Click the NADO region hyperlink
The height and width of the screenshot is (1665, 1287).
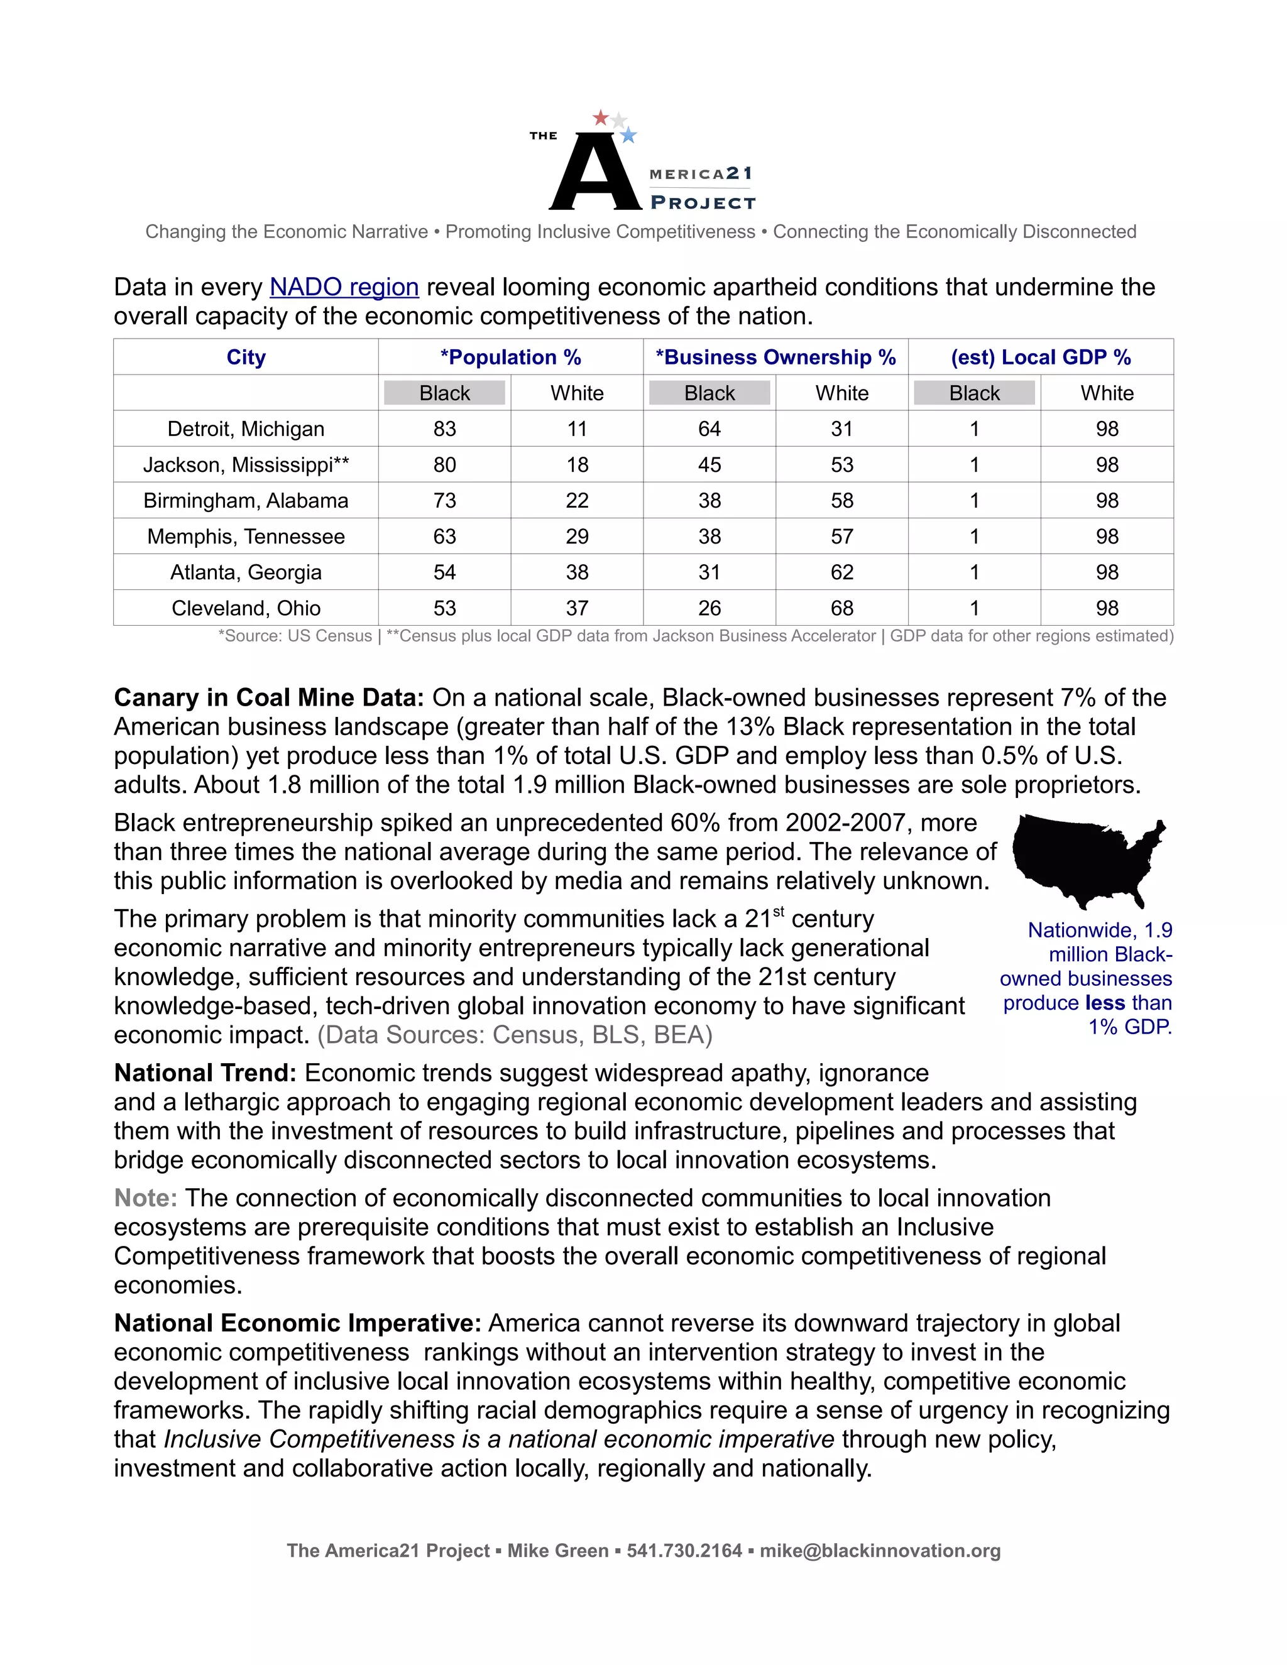tap(344, 287)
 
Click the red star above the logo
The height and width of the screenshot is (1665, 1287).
tap(601, 118)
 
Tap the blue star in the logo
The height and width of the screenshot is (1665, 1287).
tap(628, 136)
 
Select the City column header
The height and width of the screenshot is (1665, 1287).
tap(246, 357)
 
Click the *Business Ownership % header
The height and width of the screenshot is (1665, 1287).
tap(775, 357)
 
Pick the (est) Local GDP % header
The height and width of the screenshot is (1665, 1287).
tap(1040, 357)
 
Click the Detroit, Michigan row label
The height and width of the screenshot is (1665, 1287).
tap(246, 429)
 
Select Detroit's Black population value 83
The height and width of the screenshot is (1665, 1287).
tap(444, 429)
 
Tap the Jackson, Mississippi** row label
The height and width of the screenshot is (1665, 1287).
tap(246, 465)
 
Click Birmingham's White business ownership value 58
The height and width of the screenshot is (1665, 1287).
tap(841, 501)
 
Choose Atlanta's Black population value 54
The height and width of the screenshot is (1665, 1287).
tap(444, 572)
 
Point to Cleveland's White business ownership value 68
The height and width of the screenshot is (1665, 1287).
tap(841, 608)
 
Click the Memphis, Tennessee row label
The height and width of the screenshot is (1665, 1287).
tap(246, 537)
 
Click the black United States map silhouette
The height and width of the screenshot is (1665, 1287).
tap(1083, 858)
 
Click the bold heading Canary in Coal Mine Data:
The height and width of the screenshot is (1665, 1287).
tap(268, 697)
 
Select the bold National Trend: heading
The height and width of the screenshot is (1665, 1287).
tap(205, 1073)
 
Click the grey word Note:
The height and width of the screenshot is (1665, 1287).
tap(145, 1198)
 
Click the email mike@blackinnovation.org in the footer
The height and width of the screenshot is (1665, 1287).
tap(880, 1551)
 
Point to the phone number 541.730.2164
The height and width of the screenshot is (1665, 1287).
tap(684, 1551)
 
